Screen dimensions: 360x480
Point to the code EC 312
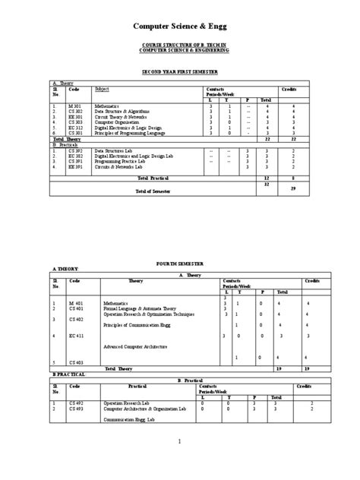click(77, 128)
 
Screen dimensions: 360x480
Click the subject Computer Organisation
click(117, 123)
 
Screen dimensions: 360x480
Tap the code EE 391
click(77, 166)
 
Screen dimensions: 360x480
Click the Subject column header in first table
click(102, 89)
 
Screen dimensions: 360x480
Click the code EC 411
click(77, 335)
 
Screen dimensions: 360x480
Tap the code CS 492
click(77, 402)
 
